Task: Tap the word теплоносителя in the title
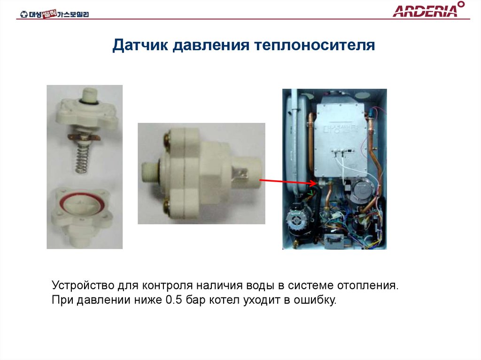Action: coord(315,46)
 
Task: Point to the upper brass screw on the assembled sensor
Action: coord(167,139)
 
